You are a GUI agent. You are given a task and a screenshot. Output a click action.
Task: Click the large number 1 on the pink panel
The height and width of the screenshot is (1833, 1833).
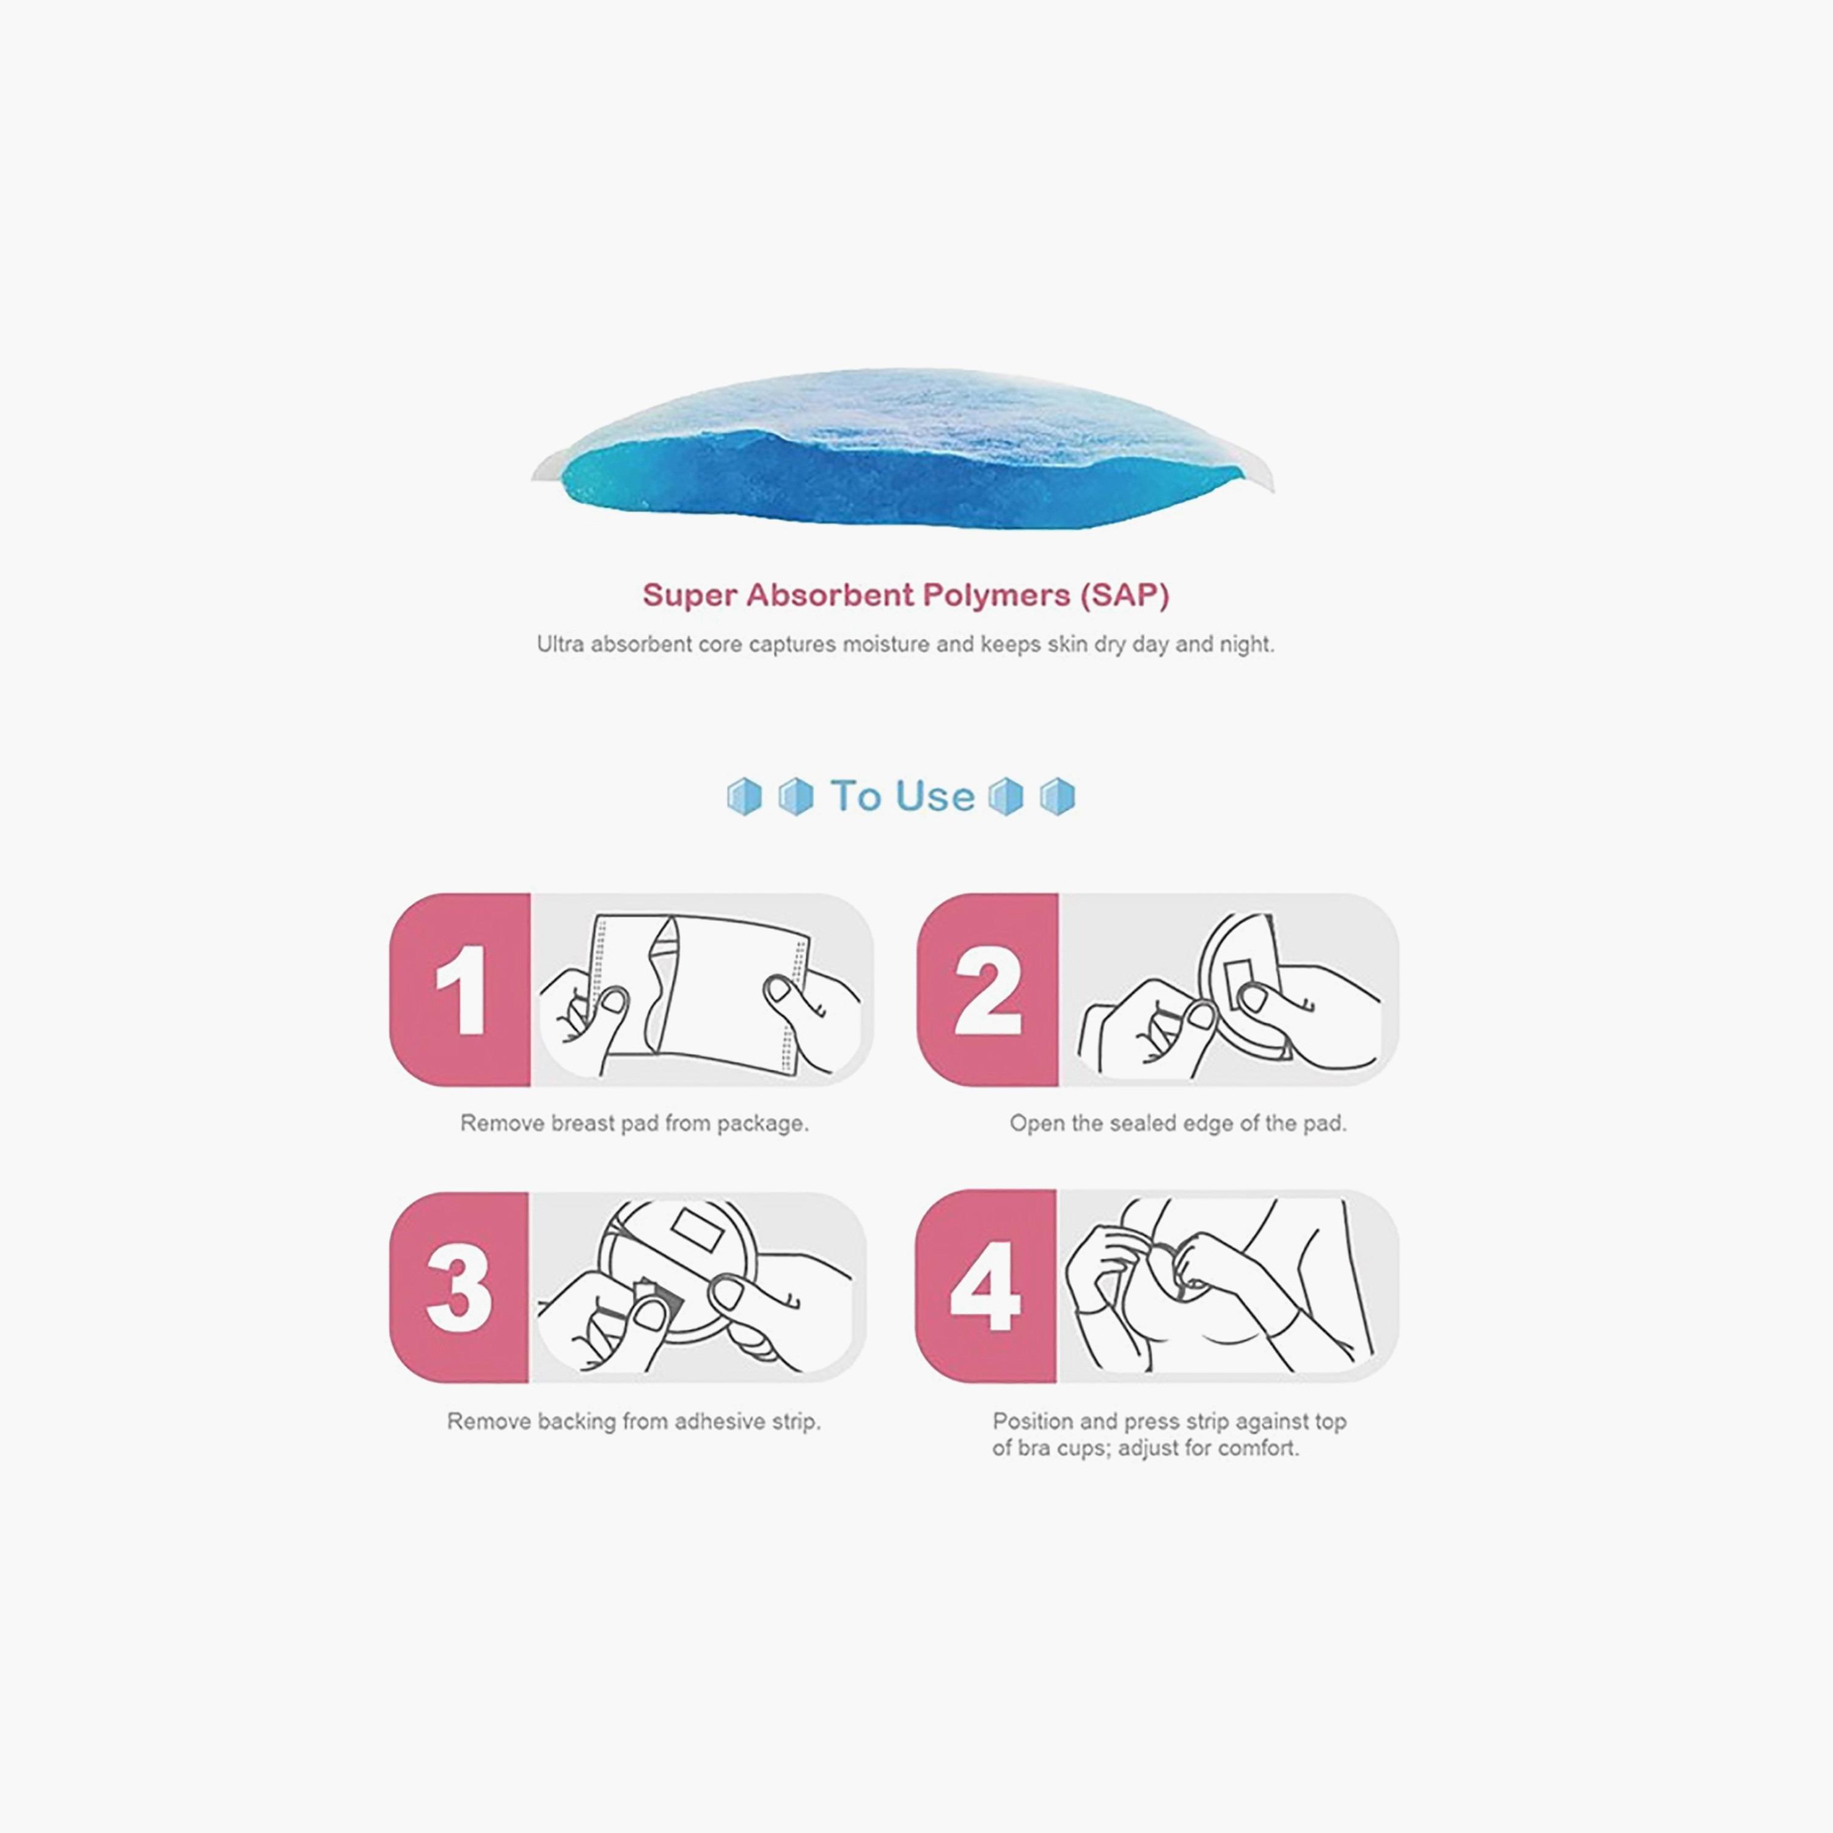coord(462,990)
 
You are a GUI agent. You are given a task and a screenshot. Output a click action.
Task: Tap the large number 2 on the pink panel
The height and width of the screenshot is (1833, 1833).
coord(987,990)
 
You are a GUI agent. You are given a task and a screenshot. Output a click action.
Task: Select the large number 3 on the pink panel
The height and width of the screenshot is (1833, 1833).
coord(459,1289)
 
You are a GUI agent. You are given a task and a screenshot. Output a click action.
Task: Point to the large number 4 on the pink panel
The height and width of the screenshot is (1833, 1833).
coord(985,1287)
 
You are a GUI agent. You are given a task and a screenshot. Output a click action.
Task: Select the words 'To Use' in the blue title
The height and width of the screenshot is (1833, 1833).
coord(902,796)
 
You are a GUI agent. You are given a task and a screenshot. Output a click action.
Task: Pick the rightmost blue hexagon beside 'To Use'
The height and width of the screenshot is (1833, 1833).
coord(1057,797)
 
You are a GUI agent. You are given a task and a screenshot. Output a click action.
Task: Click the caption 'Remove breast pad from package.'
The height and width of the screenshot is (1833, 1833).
coord(634,1124)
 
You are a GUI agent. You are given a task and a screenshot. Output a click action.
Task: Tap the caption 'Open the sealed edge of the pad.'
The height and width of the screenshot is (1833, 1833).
coord(1177,1124)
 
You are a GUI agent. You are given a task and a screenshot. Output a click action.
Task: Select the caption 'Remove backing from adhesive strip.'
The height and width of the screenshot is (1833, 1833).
coord(634,1421)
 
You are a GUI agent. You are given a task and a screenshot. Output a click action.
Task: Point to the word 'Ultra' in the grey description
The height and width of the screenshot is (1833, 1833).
coord(560,644)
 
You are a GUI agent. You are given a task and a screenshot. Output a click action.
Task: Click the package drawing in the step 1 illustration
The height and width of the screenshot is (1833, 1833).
coord(699,996)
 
